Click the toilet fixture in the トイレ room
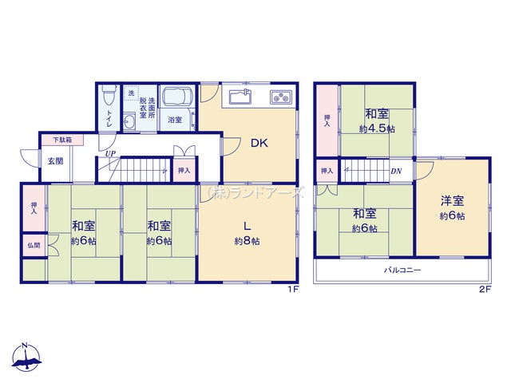click(108, 94)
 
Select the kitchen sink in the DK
click(240, 97)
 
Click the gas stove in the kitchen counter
click(281, 97)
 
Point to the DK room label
click(259, 143)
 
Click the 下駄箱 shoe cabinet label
click(62, 140)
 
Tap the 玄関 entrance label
click(56, 161)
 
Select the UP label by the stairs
click(110, 153)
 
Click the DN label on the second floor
click(396, 171)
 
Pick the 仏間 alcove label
click(34, 245)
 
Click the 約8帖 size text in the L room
click(247, 241)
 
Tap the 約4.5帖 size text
click(377, 129)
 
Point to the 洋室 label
click(452, 201)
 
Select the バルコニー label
click(402, 270)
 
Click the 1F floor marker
click(293, 290)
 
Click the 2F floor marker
click(485, 290)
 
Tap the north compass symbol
click(26, 357)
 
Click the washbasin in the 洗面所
click(129, 122)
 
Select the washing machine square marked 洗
click(131, 93)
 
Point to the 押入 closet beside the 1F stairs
click(184, 170)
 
